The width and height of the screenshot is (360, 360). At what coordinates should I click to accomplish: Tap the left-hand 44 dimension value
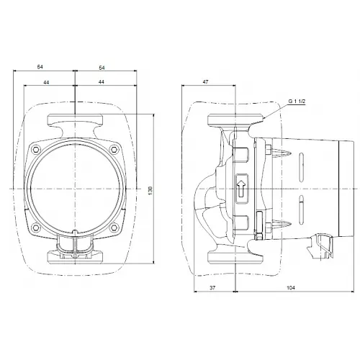pos(46,83)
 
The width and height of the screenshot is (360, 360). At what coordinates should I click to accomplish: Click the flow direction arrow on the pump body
pos(241,190)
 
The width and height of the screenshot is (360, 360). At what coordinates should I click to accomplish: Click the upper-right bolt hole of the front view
pos(112,150)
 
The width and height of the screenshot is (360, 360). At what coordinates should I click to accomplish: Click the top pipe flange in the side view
pos(228,120)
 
